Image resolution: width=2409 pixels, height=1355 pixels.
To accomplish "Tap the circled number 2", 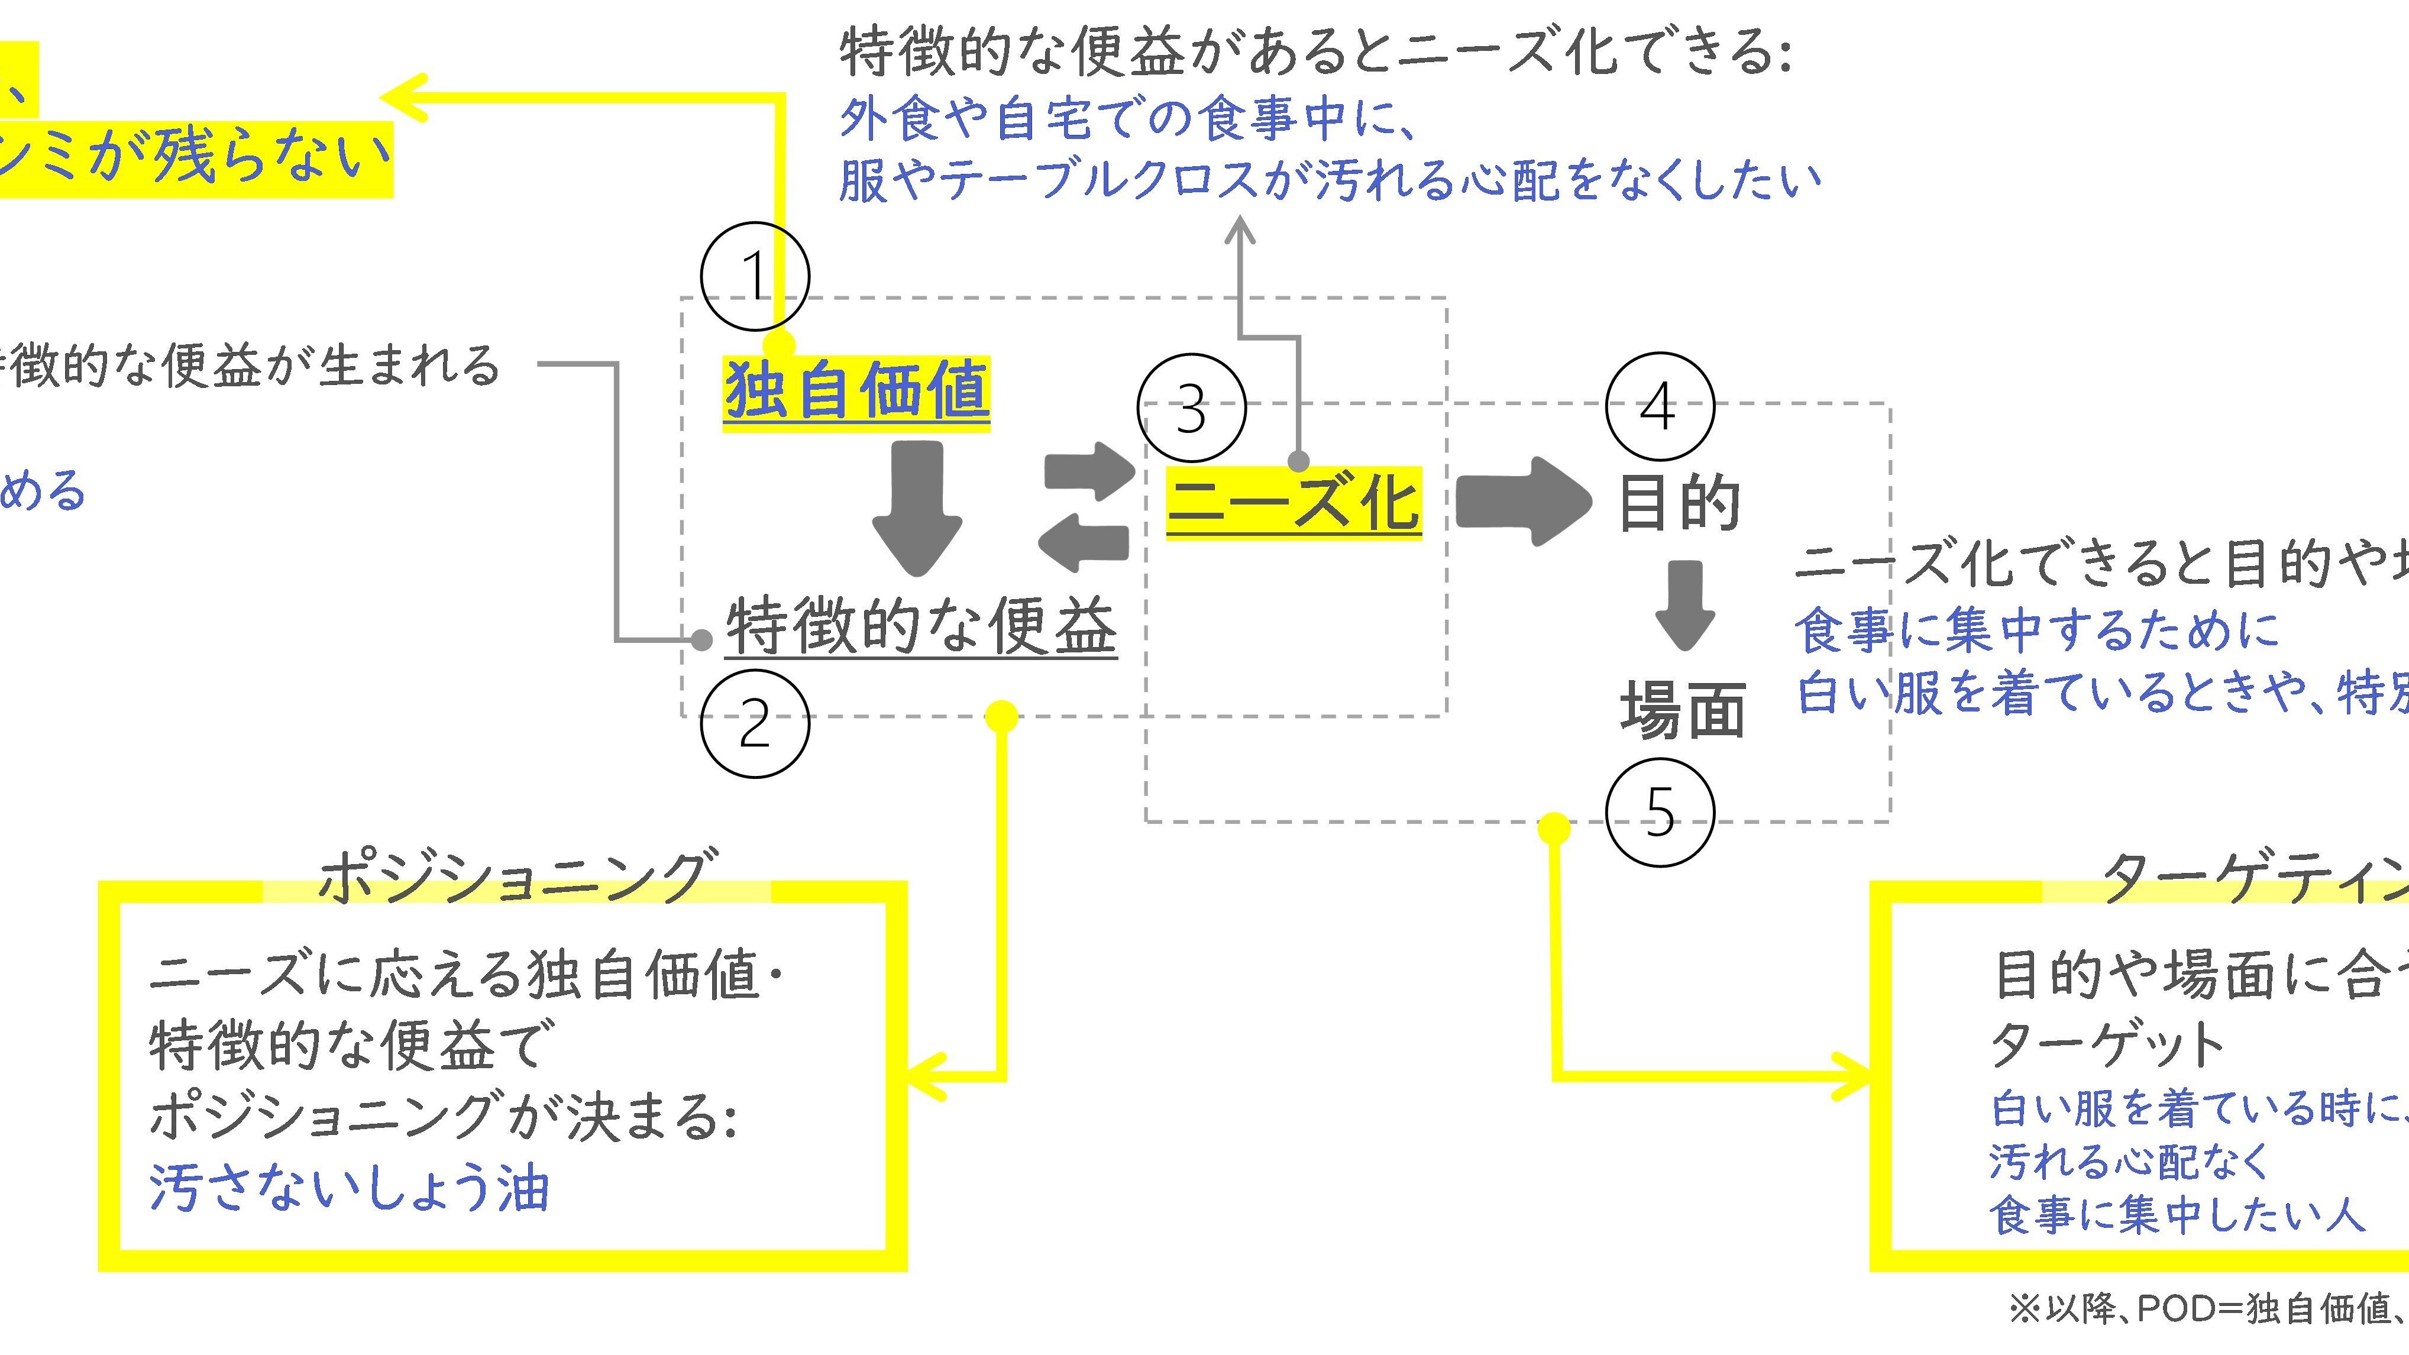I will pyautogui.click(x=755, y=723).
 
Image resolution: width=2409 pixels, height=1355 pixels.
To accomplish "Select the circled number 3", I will pyautogui.click(x=1191, y=408).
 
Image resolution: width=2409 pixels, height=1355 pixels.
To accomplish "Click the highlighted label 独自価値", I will pyautogui.click(x=856, y=392).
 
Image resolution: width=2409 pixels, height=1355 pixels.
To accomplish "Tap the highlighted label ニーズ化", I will pyautogui.click(x=1294, y=502).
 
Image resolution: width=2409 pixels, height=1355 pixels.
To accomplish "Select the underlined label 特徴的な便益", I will pyautogui.click(x=921, y=626).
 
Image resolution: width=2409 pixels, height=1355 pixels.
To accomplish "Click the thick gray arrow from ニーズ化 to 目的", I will pyautogui.click(x=1522, y=501).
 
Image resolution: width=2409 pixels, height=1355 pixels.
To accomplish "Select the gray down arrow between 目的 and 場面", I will pyautogui.click(x=1684, y=603).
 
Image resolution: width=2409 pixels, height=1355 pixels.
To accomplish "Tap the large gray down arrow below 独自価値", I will pyautogui.click(x=917, y=508).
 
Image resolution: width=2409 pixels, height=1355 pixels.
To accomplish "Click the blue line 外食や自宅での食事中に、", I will pyautogui.click(x=1127, y=119).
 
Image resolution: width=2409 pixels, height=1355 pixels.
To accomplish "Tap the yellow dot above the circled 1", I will pyautogui.click(x=778, y=345).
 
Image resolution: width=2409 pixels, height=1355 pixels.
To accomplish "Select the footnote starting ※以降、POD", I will pyautogui.click(x=2207, y=1309).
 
